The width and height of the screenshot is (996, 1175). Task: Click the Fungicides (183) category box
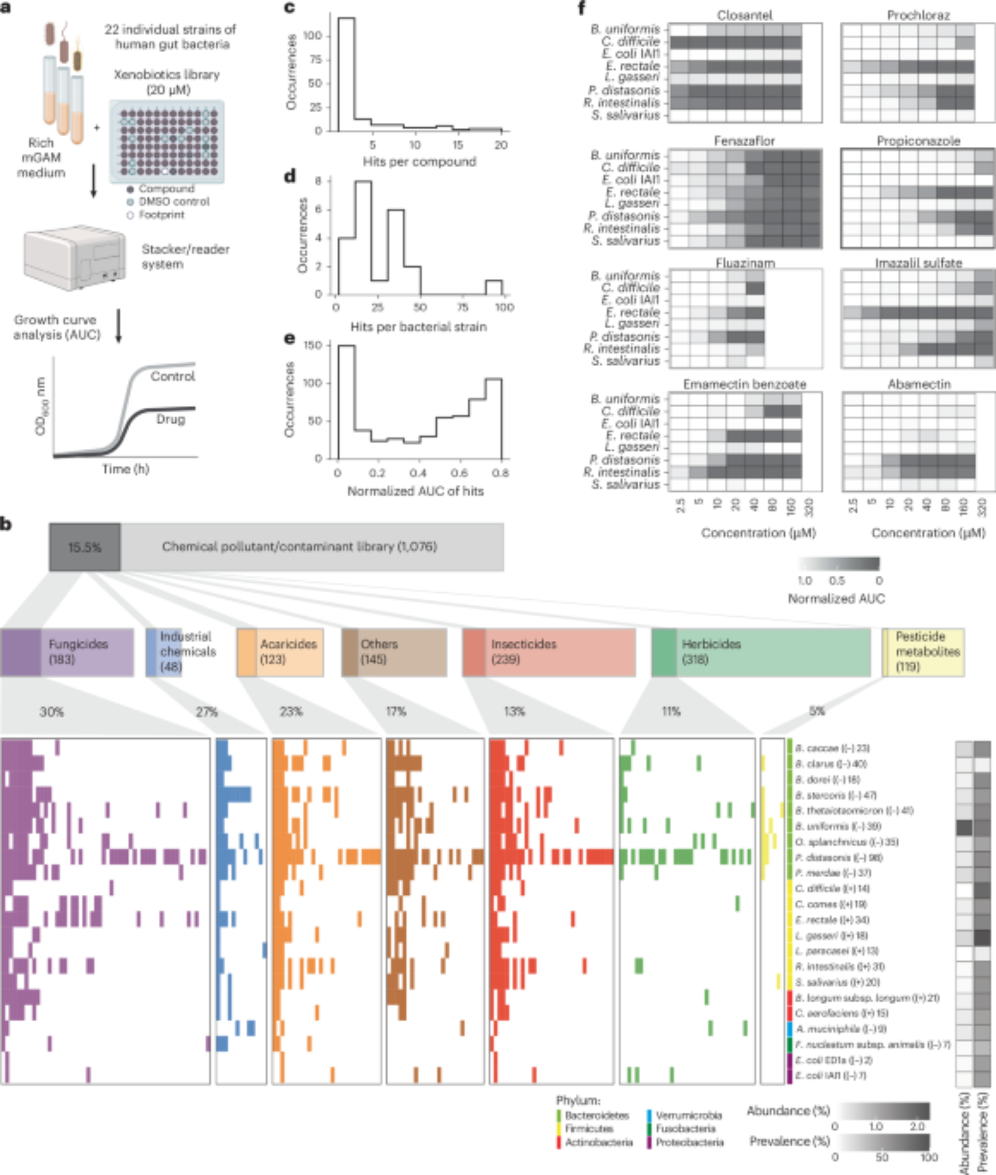click(x=67, y=652)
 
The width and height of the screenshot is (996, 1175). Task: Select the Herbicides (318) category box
click(x=761, y=652)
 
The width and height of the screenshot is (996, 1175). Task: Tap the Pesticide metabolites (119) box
click(x=923, y=652)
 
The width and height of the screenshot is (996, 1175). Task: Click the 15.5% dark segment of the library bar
click(x=85, y=547)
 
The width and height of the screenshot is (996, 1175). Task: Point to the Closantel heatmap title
click(x=745, y=15)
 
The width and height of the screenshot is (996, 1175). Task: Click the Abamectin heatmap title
click(x=918, y=384)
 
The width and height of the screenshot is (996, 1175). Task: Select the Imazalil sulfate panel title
click(x=918, y=263)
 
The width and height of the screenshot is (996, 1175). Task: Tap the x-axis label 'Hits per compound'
click(x=419, y=162)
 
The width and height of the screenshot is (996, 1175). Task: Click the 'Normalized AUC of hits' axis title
click(x=415, y=491)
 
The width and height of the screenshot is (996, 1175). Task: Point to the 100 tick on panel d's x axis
click(x=504, y=307)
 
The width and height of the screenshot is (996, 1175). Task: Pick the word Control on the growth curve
click(x=173, y=377)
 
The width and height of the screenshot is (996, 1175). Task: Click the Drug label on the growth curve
click(x=170, y=419)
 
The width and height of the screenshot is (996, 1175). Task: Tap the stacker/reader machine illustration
click(x=75, y=257)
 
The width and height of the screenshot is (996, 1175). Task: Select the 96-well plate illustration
click(x=167, y=141)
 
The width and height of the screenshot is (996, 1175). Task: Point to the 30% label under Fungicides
click(x=52, y=712)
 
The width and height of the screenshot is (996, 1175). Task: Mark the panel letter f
click(x=582, y=8)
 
